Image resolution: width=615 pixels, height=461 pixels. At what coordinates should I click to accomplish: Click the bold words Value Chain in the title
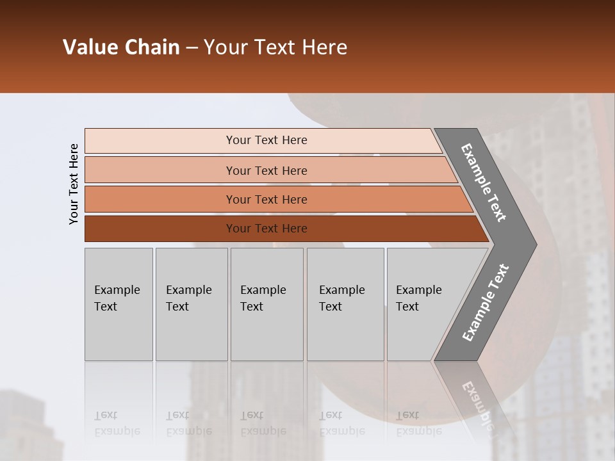121,47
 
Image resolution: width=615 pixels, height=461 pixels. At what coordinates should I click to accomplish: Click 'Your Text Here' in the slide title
275,47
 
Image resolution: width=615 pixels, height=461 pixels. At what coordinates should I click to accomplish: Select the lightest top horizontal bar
160,141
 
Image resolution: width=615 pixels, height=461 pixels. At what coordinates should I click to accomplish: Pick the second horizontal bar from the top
160,170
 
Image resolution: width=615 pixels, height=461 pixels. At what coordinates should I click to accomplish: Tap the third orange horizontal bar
160,199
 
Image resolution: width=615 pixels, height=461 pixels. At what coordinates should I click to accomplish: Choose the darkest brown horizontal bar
160,229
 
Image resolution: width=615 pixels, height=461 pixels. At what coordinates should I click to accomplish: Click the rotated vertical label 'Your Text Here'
74,184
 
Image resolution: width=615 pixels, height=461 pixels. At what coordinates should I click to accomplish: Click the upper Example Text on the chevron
484,182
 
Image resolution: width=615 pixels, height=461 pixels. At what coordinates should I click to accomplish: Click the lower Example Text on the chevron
485,303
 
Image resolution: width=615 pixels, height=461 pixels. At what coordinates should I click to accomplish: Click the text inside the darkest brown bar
266,229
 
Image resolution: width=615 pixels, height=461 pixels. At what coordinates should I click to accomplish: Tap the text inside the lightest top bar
266,140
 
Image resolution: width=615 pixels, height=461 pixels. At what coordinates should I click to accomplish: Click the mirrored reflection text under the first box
117,423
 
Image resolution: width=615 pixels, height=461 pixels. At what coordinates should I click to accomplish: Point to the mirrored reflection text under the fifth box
418,423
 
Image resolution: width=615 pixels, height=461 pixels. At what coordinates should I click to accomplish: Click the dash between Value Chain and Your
192,48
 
